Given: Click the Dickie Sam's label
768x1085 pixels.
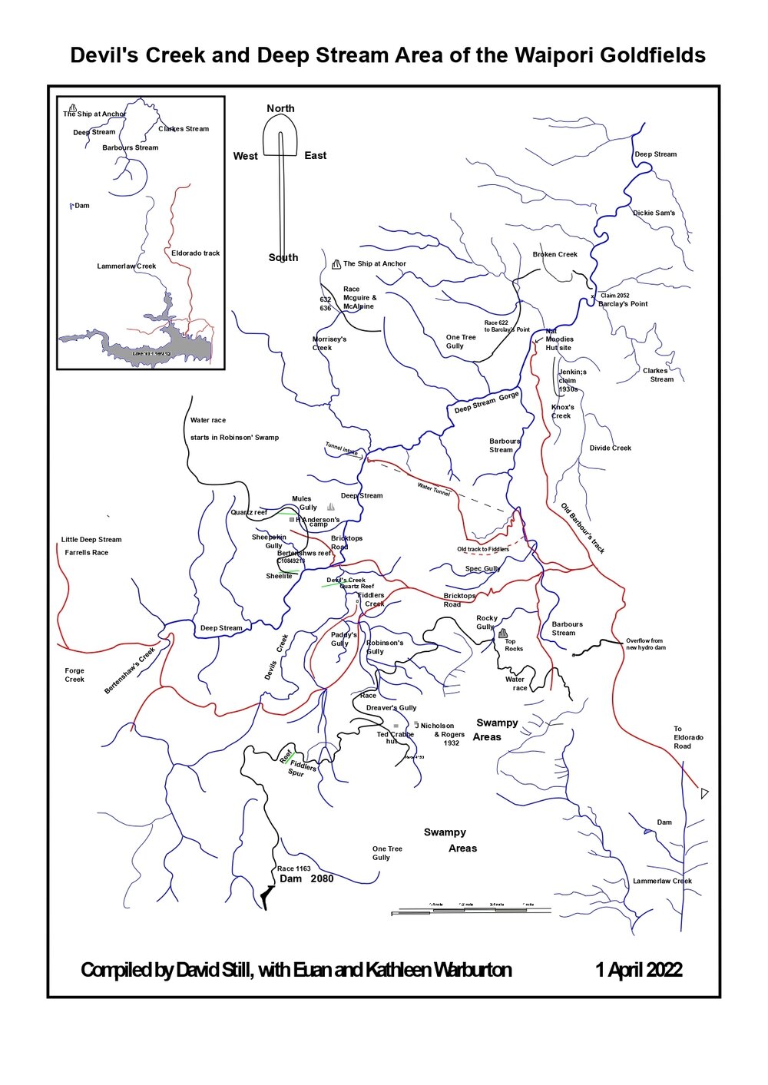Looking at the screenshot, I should pos(654,213).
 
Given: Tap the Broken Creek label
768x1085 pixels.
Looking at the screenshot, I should pos(554,254).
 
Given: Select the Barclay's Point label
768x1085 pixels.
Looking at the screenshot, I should pos(623,304).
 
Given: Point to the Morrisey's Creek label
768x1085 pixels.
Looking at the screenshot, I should pos(329,343).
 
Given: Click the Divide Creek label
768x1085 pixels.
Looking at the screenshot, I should pos(610,448).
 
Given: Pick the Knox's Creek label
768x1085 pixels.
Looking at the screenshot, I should pos(562,412).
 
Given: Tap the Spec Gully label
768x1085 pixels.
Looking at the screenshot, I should pos(482,569).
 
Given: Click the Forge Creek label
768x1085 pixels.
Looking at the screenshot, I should pos(74,675).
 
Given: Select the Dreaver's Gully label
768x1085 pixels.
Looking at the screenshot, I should pos(391,708).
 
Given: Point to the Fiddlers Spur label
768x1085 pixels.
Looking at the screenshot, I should pos(302,769).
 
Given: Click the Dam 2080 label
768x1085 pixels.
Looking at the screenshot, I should pos(306,878).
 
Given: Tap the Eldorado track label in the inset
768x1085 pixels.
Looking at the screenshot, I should pos(195,253).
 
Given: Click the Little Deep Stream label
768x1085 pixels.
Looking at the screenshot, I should pos(91,540).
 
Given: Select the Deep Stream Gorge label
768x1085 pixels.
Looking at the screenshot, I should pos(486,402).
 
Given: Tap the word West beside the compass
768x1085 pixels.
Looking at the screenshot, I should pos(245,156).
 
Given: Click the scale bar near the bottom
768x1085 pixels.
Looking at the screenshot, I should pos(471,911).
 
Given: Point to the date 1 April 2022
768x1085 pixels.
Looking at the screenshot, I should pos(638,970).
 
